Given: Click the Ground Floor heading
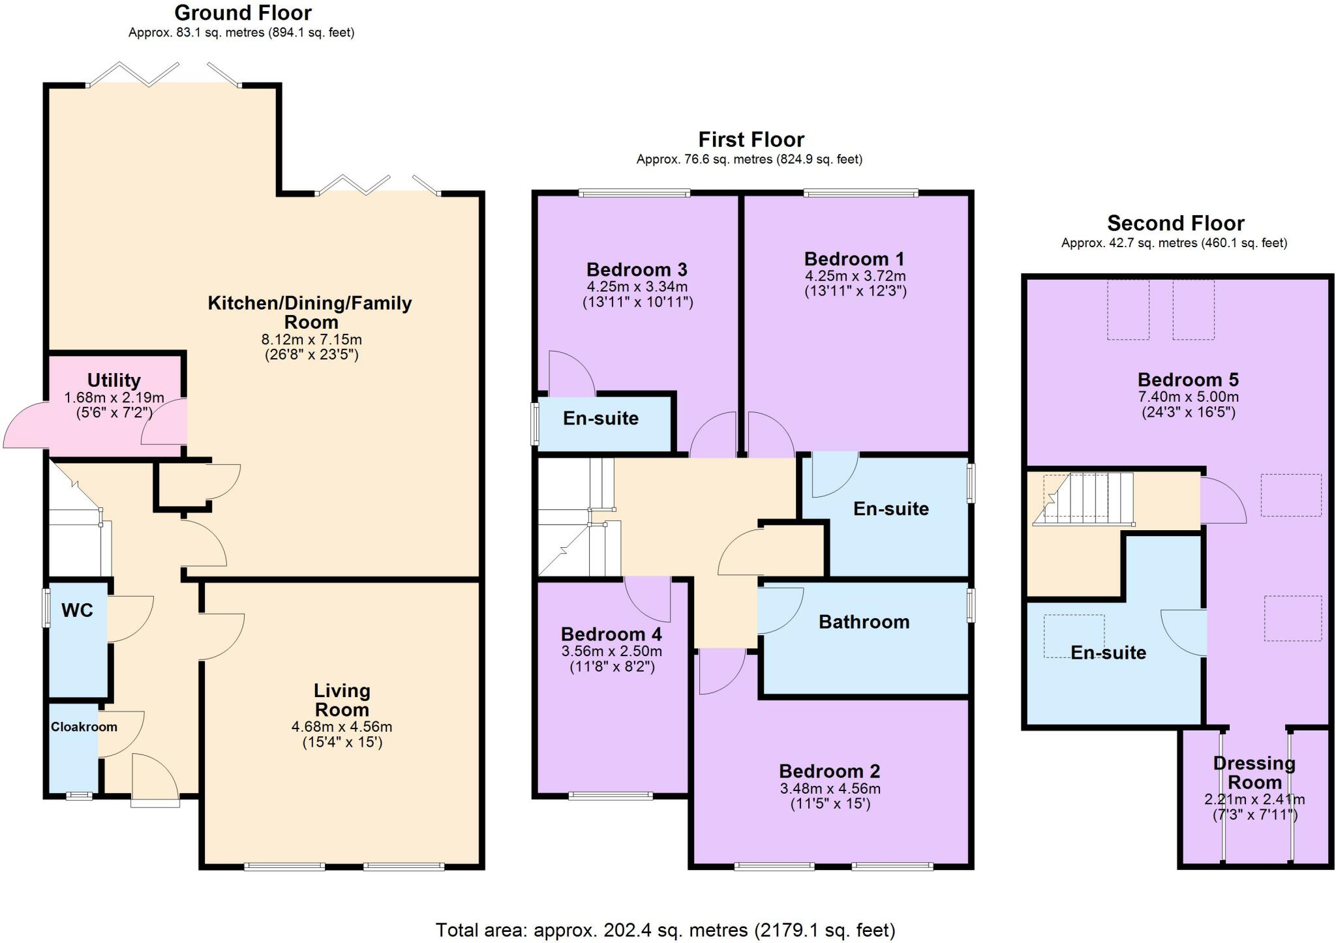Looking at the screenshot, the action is pyautogui.click(x=243, y=12).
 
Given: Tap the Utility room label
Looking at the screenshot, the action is pyautogui.click(x=114, y=380).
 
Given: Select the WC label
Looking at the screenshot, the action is pyautogui.click(x=77, y=610).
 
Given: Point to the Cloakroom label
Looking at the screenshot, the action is pyautogui.click(x=84, y=726).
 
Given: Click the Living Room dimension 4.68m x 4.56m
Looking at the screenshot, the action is pyautogui.click(x=342, y=726).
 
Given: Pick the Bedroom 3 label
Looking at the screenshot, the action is pyautogui.click(x=637, y=269).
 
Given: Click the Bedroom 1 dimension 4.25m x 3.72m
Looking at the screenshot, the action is pyautogui.click(x=855, y=276).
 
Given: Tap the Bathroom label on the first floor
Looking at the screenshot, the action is pyautogui.click(x=864, y=621).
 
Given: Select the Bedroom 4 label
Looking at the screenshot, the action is pyautogui.click(x=611, y=634).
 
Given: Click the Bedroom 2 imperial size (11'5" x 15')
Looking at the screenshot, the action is pyautogui.click(x=830, y=803).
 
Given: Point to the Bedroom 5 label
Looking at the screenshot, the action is pyautogui.click(x=1188, y=380).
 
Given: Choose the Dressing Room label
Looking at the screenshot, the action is pyautogui.click(x=1254, y=772).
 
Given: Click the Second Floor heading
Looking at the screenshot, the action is pyautogui.click(x=1176, y=224).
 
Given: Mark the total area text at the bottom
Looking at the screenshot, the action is pyautogui.click(x=665, y=929).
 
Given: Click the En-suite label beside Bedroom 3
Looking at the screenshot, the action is pyautogui.click(x=601, y=418).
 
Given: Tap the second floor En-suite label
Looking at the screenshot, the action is pyautogui.click(x=1108, y=652).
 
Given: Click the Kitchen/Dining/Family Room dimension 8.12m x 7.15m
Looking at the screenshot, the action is pyautogui.click(x=311, y=339).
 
